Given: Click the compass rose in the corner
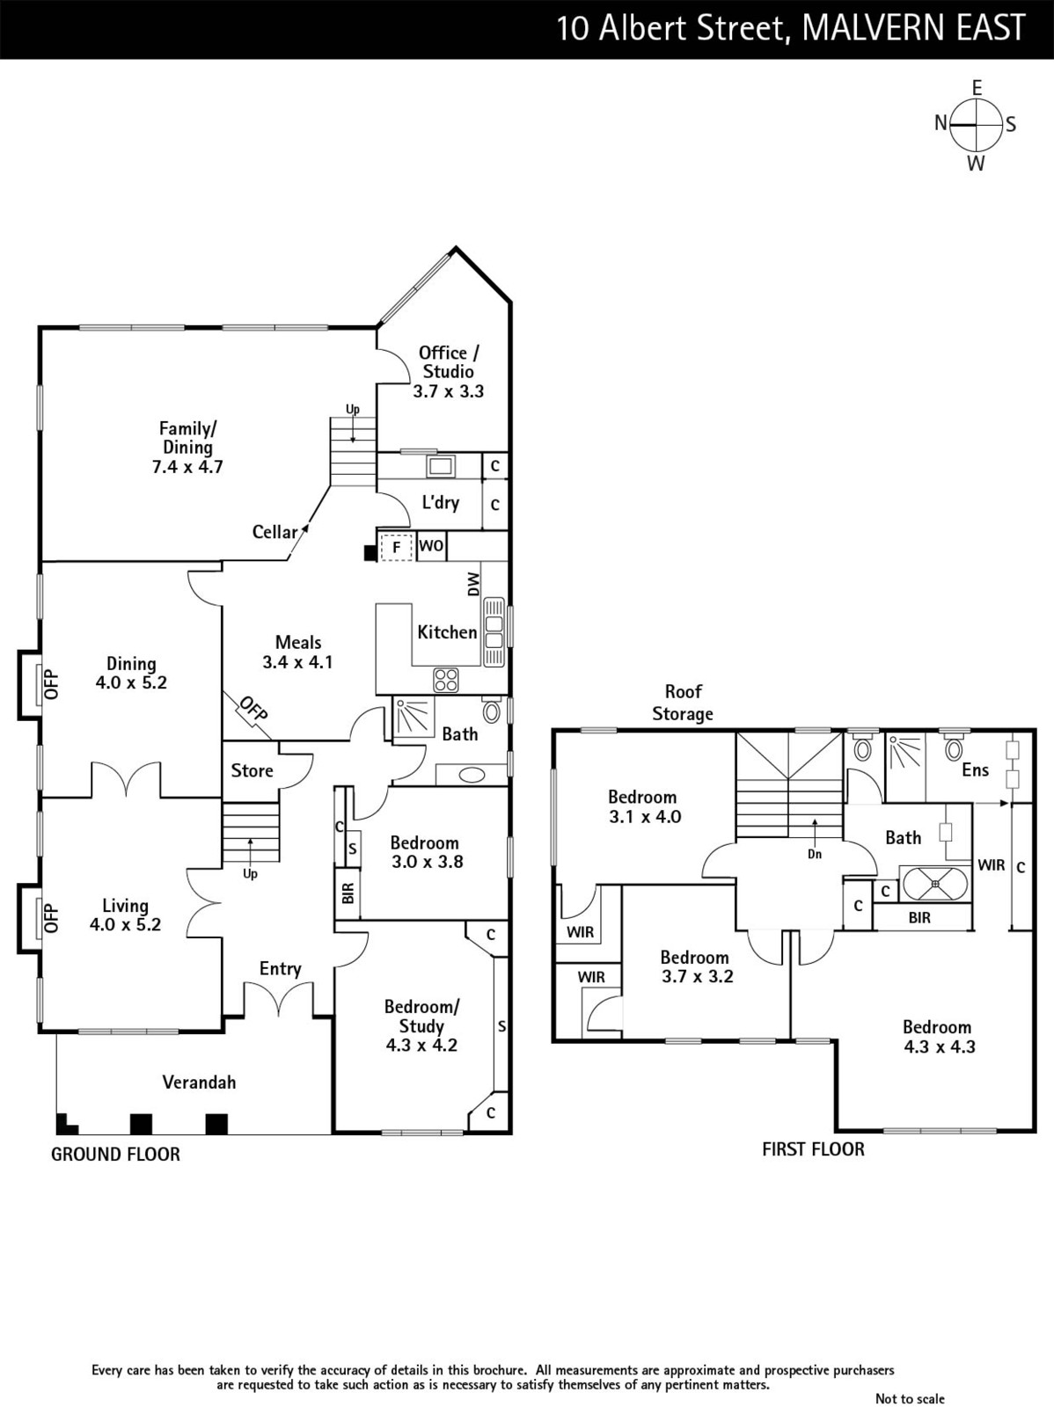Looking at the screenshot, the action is (x=975, y=124).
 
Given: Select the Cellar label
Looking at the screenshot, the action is (x=275, y=531).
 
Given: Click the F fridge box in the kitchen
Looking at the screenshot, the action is (x=396, y=548).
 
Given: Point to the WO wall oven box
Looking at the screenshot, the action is (x=431, y=546).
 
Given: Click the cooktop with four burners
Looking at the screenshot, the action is (x=446, y=680).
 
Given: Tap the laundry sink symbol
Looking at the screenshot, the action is (x=441, y=466).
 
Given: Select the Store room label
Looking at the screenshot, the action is (x=252, y=770).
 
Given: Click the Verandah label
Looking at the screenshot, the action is (x=200, y=1082).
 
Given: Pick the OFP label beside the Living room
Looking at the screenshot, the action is (x=51, y=918).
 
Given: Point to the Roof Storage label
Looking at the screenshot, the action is (x=683, y=703).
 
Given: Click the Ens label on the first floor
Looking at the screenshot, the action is (x=975, y=769).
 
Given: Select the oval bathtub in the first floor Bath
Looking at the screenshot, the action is (x=935, y=884).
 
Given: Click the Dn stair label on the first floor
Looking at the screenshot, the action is (x=815, y=854).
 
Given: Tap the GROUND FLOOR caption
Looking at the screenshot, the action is (x=115, y=1155).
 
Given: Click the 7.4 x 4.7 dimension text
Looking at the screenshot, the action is (x=187, y=467).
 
